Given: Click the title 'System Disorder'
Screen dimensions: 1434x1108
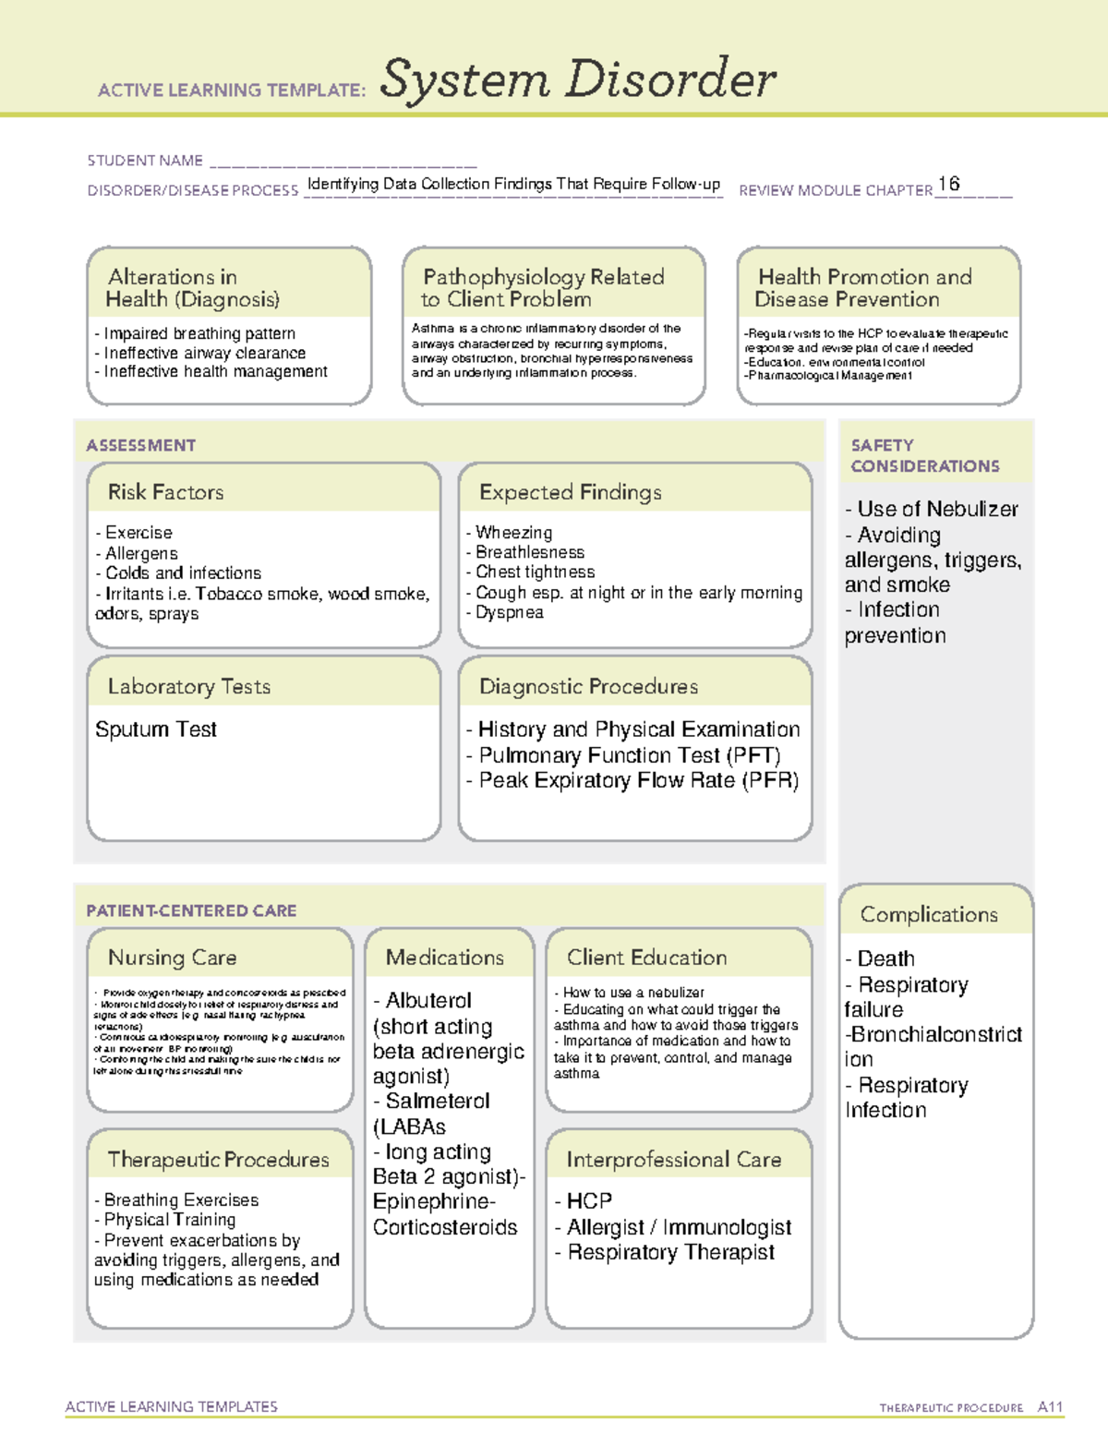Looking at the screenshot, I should (x=578, y=79).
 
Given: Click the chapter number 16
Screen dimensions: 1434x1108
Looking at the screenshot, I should (x=948, y=184).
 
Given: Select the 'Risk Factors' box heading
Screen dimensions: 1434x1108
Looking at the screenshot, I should (x=166, y=492).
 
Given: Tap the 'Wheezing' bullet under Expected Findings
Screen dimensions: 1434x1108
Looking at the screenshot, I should (x=513, y=533).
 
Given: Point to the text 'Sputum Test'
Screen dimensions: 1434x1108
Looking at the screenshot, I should (x=156, y=729).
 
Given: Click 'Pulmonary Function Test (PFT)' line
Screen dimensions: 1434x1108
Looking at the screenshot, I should (x=629, y=755).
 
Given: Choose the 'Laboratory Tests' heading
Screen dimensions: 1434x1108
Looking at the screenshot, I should (x=189, y=687).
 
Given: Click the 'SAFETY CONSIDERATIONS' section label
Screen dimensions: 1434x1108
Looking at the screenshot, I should (x=924, y=456).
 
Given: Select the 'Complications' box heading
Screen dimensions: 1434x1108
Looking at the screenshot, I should (x=929, y=915).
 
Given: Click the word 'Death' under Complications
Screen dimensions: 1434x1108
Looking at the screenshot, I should (x=885, y=958).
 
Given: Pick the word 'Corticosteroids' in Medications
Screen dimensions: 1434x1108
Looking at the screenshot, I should (x=445, y=1227).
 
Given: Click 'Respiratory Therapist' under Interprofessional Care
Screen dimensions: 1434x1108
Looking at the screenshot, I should (x=671, y=1252).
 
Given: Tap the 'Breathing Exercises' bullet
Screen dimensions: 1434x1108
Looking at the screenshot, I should (x=181, y=1200).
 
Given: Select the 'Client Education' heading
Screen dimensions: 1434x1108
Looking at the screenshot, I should (x=647, y=958).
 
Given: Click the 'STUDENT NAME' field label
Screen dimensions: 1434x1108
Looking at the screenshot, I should (x=145, y=161).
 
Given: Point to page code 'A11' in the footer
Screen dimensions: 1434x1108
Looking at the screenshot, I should (x=1050, y=1407).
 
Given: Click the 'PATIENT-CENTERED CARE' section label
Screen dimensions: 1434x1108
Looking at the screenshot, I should (x=192, y=910).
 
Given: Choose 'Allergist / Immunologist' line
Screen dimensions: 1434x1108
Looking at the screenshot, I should (x=679, y=1227).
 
